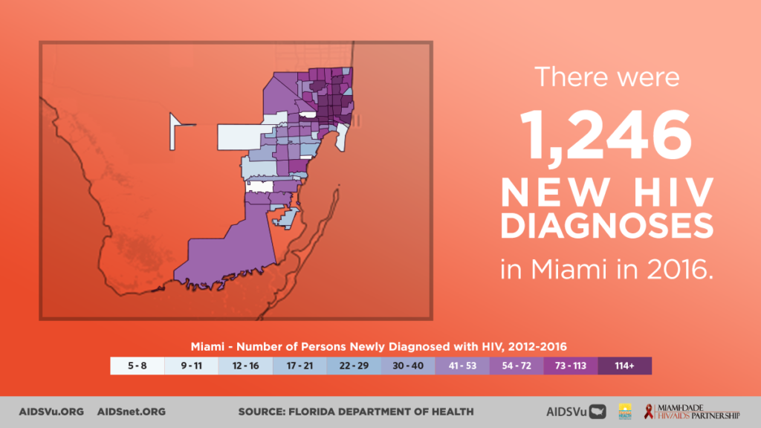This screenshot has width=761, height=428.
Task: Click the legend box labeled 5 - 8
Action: [x=137, y=366]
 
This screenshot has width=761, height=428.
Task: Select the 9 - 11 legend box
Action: [x=192, y=366]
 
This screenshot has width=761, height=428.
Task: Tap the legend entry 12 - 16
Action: [x=246, y=366]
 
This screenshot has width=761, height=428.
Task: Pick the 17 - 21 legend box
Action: [x=300, y=366]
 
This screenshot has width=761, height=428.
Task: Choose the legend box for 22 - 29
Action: [x=354, y=366]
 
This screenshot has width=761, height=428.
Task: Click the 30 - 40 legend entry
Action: [x=409, y=366]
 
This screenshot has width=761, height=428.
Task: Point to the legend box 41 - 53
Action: [x=463, y=366]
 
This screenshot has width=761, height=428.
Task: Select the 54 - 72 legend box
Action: [x=517, y=366]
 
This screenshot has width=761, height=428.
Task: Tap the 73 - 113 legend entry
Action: [x=571, y=366]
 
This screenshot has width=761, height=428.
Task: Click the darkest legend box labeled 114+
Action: [x=625, y=366]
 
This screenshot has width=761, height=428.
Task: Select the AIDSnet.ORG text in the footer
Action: [x=132, y=411]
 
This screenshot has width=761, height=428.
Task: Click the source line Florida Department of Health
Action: [x=355, y=411]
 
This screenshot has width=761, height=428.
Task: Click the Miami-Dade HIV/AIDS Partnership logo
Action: [x=691, y=411]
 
